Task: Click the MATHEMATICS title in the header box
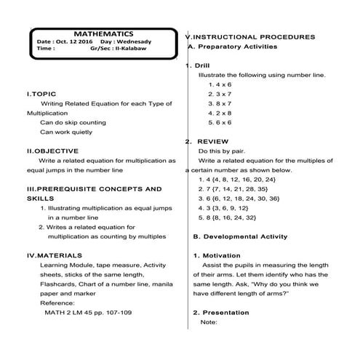point(103,33)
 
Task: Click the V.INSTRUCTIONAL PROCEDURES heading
point(250,36)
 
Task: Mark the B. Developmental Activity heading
point(240,236)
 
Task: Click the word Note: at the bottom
point(209,321)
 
